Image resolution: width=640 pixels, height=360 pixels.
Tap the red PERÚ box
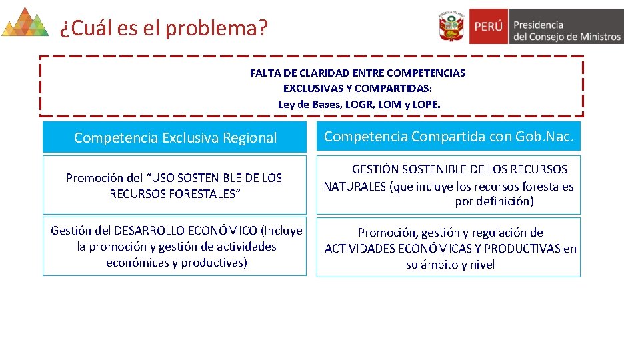click(x=489, y=27)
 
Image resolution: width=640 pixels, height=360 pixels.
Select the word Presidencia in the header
click(x=538, y=24)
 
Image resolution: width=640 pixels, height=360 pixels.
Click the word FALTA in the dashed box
click(x=265, y=73)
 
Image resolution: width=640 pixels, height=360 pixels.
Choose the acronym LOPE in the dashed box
click(x=425, y=104)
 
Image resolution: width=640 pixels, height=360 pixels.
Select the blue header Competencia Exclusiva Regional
click(x=175, y=138)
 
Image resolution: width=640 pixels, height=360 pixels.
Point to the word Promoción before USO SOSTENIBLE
click(x=95, y=178)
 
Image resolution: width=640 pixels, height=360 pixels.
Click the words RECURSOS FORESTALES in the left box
click(x=175, y=194)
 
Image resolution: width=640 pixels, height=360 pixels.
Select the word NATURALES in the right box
click(x=355, y=187)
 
